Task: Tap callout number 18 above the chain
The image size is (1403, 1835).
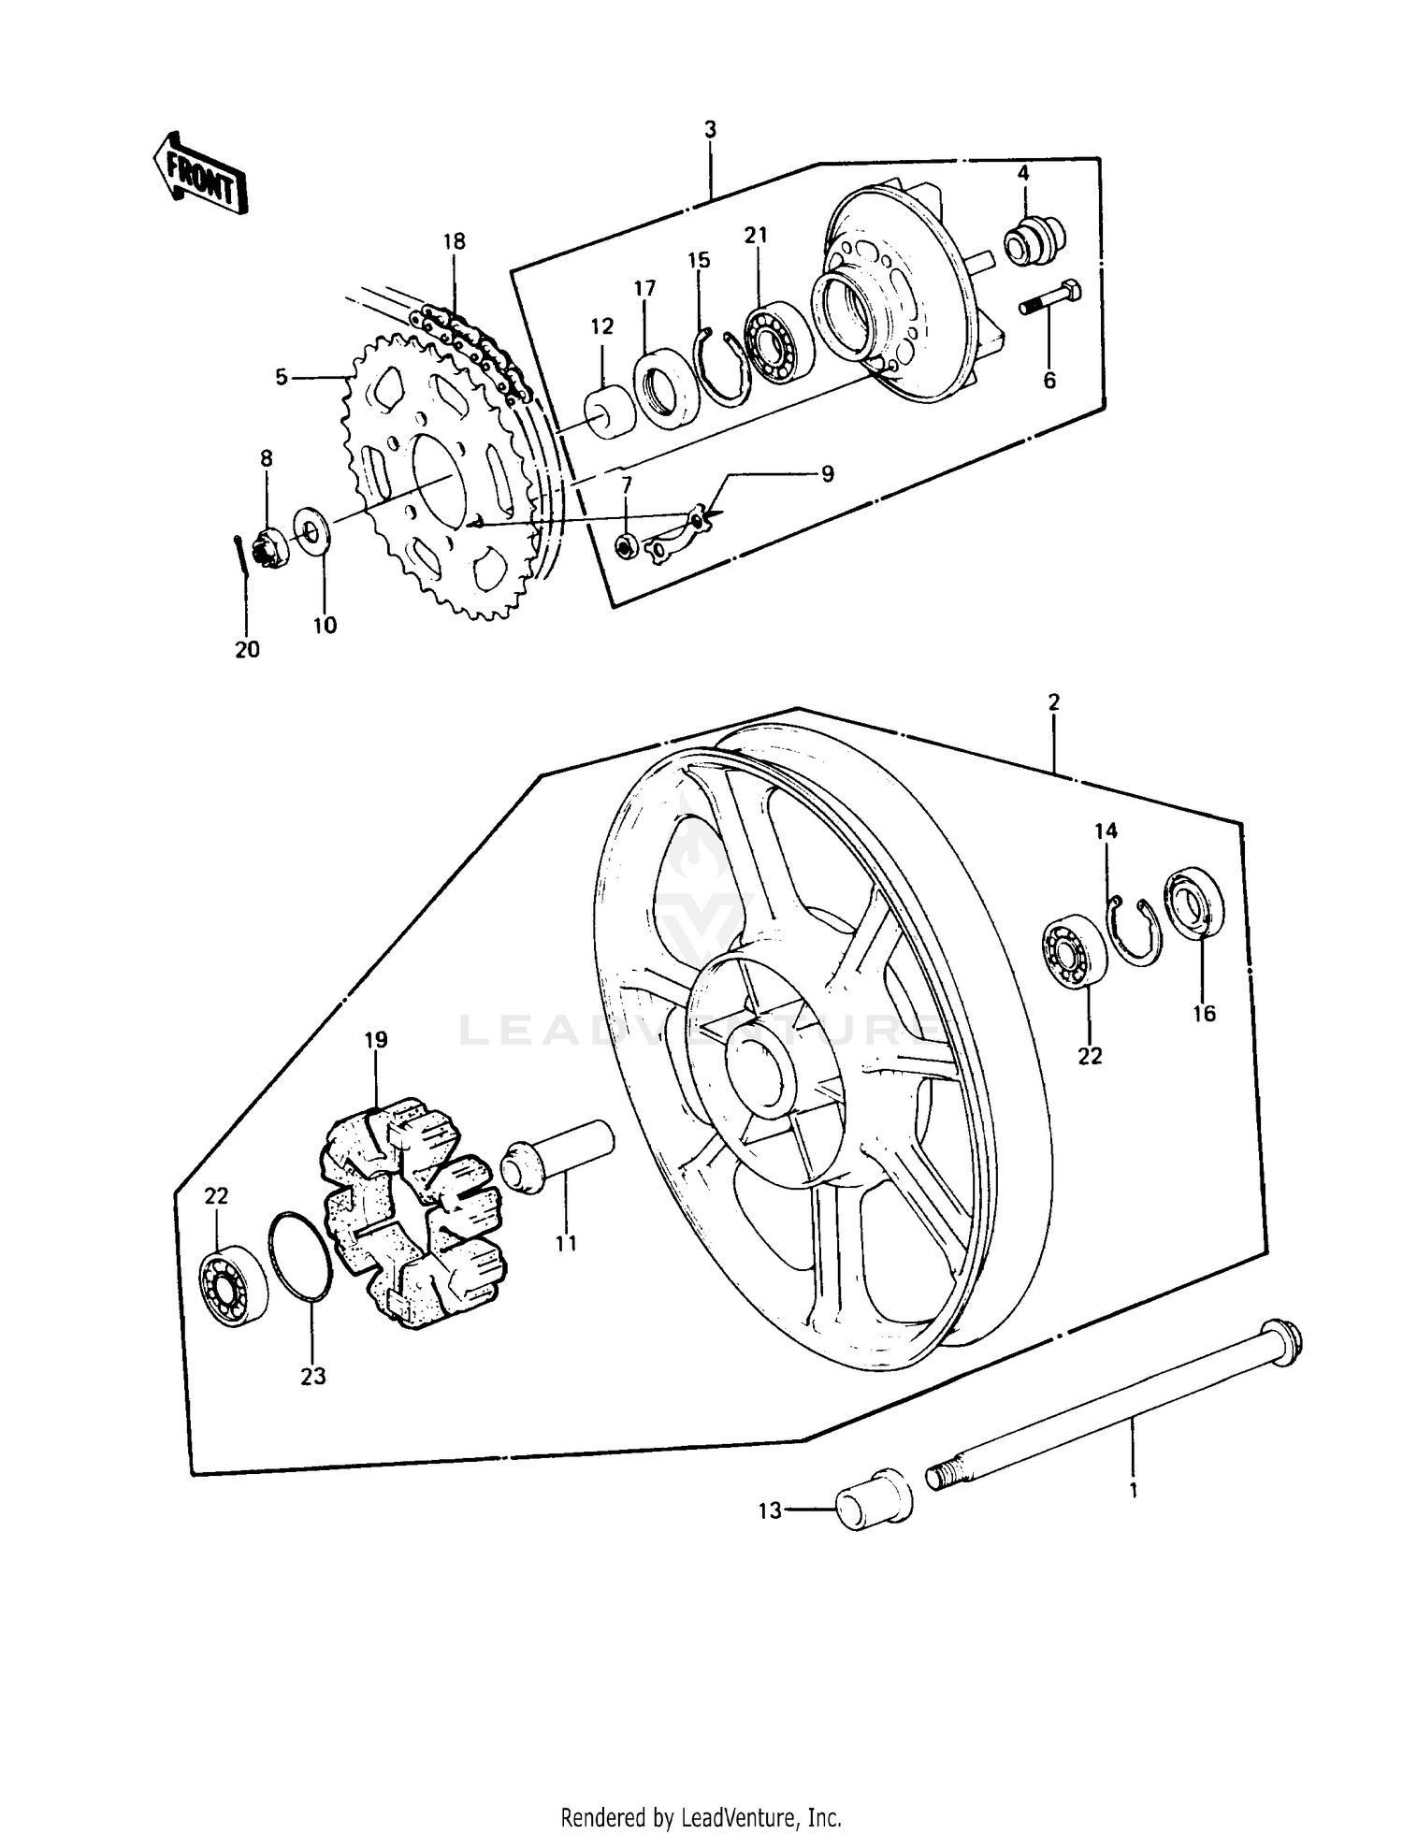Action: coord(454,242)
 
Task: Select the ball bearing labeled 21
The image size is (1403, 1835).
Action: coord(778,342)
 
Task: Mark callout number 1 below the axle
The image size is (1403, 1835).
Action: coord(1134,1491)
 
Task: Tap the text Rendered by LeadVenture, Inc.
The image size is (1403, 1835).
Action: coord(701,1792)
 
